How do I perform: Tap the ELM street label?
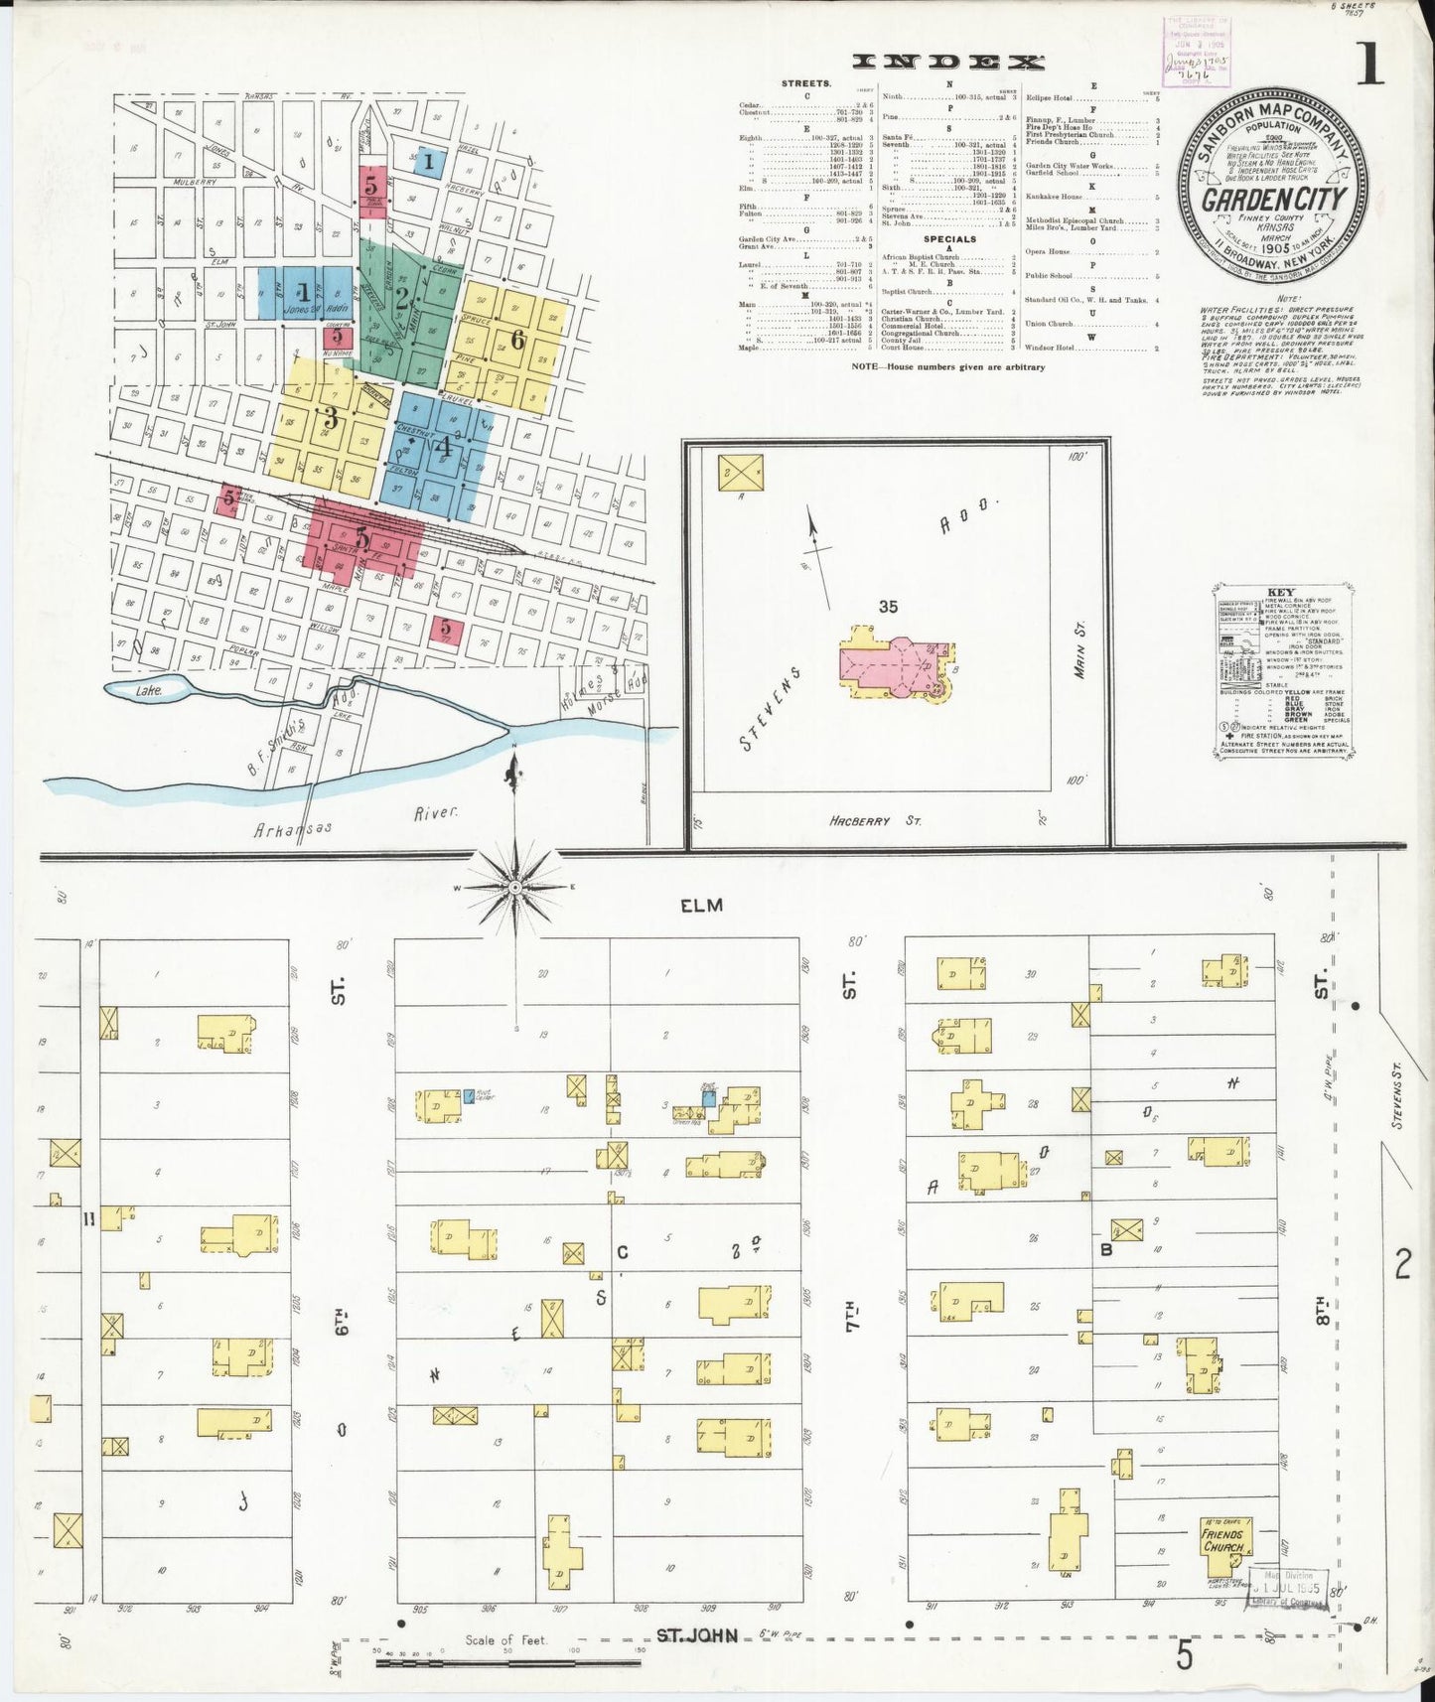[701, 905]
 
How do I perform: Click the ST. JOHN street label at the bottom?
[697, 1634]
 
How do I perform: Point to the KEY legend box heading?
[1280, 594]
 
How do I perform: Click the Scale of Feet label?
[507, 1639]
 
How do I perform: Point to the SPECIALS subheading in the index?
[948, 239]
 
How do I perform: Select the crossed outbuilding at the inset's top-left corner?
[741, 472]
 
